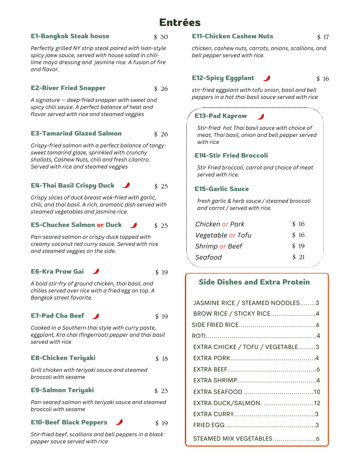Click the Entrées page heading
[180, 23]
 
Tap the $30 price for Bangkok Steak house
[161, 37]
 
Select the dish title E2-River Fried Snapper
[68, 88]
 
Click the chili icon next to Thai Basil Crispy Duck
[127, 185]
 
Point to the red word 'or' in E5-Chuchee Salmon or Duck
[100, 225]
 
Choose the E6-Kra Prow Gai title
[57, 271]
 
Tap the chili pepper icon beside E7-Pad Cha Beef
[96, 316]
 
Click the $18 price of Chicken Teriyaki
[161, 359]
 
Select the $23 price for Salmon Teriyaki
[161, 391]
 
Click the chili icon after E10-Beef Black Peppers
[119, 422]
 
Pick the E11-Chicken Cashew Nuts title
[232, 36]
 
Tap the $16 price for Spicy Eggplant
[322, 79]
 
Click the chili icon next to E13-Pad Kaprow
[261, 116]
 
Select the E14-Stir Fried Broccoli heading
[231, 155]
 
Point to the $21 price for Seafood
[298, 257]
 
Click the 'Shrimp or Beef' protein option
[219, 246]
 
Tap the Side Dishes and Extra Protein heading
[254, 282]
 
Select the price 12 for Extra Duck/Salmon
[317, 403]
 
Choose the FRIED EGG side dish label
[209, 425]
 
